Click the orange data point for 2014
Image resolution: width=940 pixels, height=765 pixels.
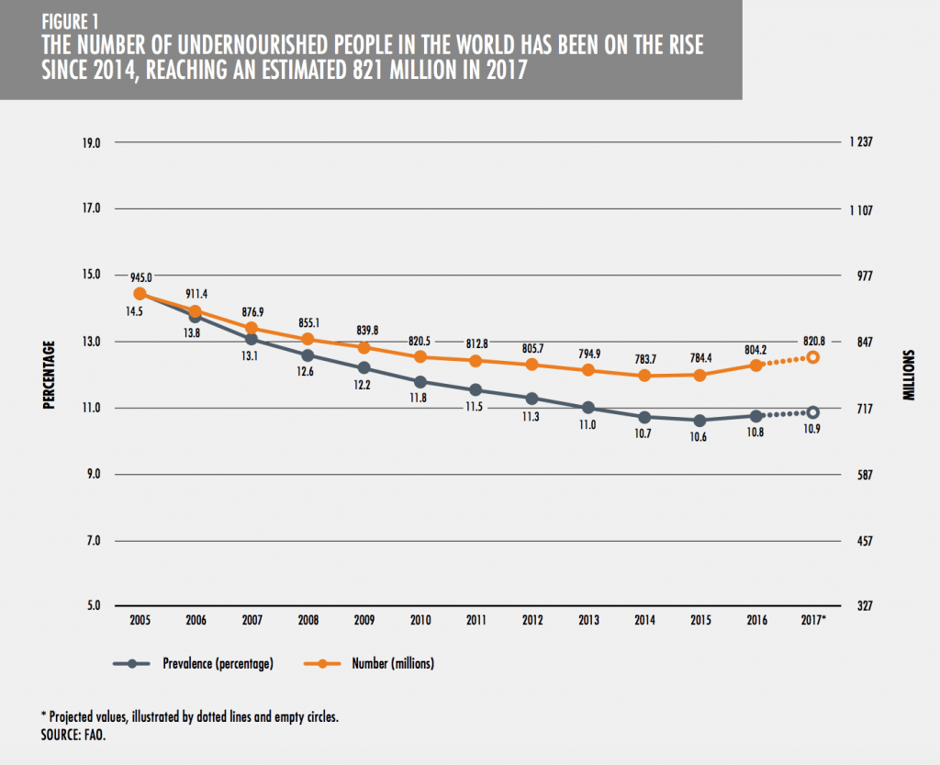point(644,376)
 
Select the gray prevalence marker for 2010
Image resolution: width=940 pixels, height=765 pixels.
point(420,381)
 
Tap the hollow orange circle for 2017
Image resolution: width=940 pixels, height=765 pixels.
point(812,356)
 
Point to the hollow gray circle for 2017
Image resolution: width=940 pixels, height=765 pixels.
point(812,412)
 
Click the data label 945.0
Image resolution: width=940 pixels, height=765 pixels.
point(140,276)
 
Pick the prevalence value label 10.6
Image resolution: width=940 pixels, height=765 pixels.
point(700,436)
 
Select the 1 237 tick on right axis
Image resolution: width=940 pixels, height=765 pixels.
point(862,143)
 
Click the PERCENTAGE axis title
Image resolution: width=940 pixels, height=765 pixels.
point(50,376)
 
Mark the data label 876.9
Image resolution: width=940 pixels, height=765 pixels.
point(252,310)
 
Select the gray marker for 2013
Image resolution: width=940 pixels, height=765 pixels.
point(588,408)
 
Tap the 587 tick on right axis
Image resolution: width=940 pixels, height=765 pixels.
point(860,474)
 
